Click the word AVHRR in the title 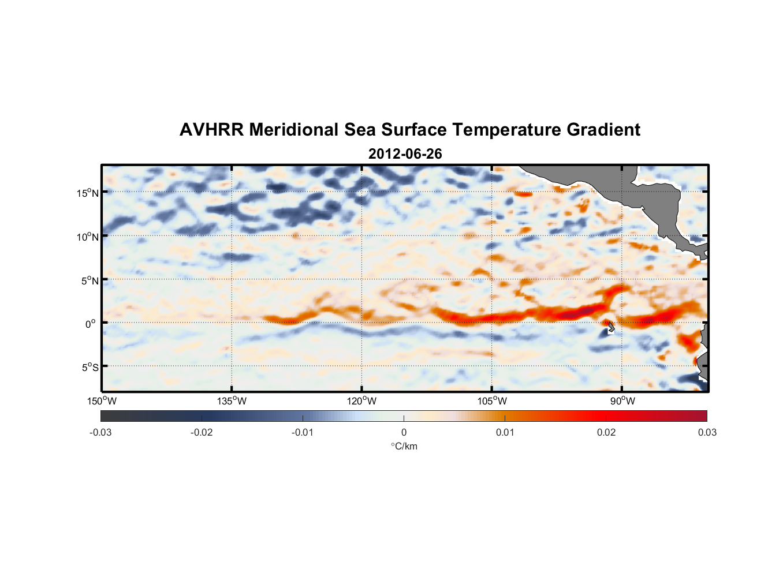[x=211, y=130]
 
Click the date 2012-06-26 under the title [x=405, y=154]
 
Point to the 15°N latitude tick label [x=87, y=193]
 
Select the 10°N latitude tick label [x=87, y=237]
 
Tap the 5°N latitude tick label [x=89, y=280]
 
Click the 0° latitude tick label [x=91, y=324]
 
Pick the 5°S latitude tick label [x=89, y=368]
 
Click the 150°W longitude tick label [x=102, y=401]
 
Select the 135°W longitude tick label [x=232, y=401]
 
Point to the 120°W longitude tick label [x=362, y=401]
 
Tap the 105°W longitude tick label [x=492, y=401]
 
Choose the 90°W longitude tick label [x=622, y=401]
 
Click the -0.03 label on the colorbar [x=100, y=432]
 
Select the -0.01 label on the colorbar [x=303, y=432]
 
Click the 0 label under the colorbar [x=404, y=432]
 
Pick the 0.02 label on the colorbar [x=606, y=432]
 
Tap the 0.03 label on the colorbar [x=707, y=432]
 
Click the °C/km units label [x=404, y=446]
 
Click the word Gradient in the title [x=603, y=130]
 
